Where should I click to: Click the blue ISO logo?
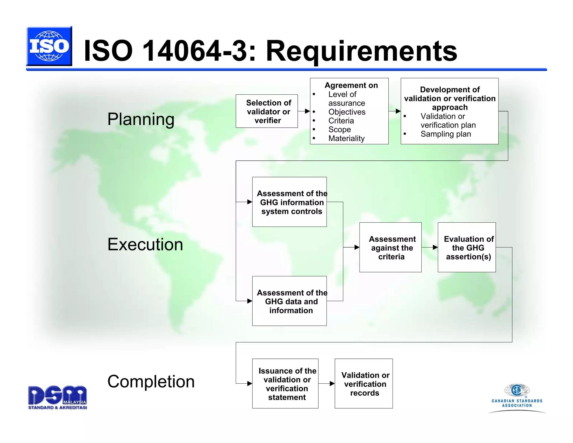(x=49, y=46)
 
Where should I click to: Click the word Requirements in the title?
(x=361, y=51)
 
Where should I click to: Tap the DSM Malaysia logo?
(x=57, y=397)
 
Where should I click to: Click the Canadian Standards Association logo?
(x=517, y=398)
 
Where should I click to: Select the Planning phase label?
(x=141, y=119)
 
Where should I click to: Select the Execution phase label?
(x=145, y=244)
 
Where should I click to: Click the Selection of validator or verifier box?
(x=267, y=111)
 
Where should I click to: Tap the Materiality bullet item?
(x=346, y=138)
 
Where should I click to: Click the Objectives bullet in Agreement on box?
(x=347, y=112)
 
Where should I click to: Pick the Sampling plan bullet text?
(x=445, y=134)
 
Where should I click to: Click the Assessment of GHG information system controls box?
(x=289, y=202)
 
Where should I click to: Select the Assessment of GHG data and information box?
(x=289, y=301)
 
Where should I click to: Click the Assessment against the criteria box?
(x=390, y=247)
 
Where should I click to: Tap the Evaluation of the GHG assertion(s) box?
(x=467, y=247)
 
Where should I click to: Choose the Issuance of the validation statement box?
(x=285, y=383)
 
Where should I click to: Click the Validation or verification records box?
(x=363, y=383)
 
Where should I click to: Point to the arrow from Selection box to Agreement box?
(x=304, y=111)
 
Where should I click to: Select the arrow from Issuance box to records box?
(x=327, y=383)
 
